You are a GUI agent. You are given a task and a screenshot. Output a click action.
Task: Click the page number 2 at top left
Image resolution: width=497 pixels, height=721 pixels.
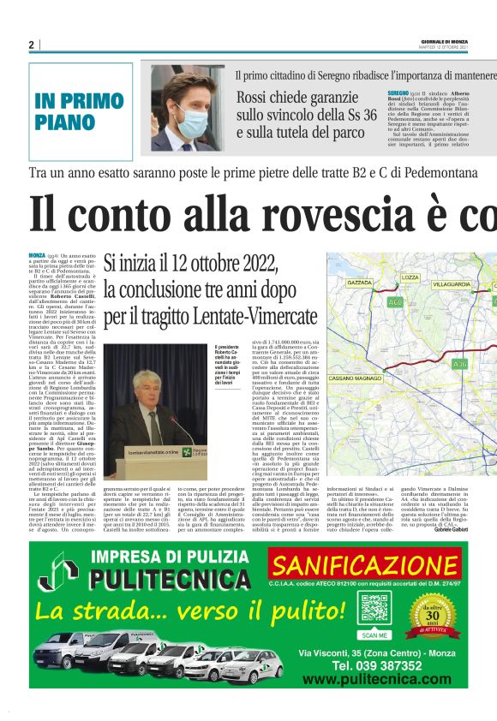tap(31, 45)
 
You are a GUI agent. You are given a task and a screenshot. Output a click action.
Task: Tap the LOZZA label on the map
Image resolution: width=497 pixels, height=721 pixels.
tap(410, 277)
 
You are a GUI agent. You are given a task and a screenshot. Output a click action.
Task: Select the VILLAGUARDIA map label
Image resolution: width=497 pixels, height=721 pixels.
tap(451, 282)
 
